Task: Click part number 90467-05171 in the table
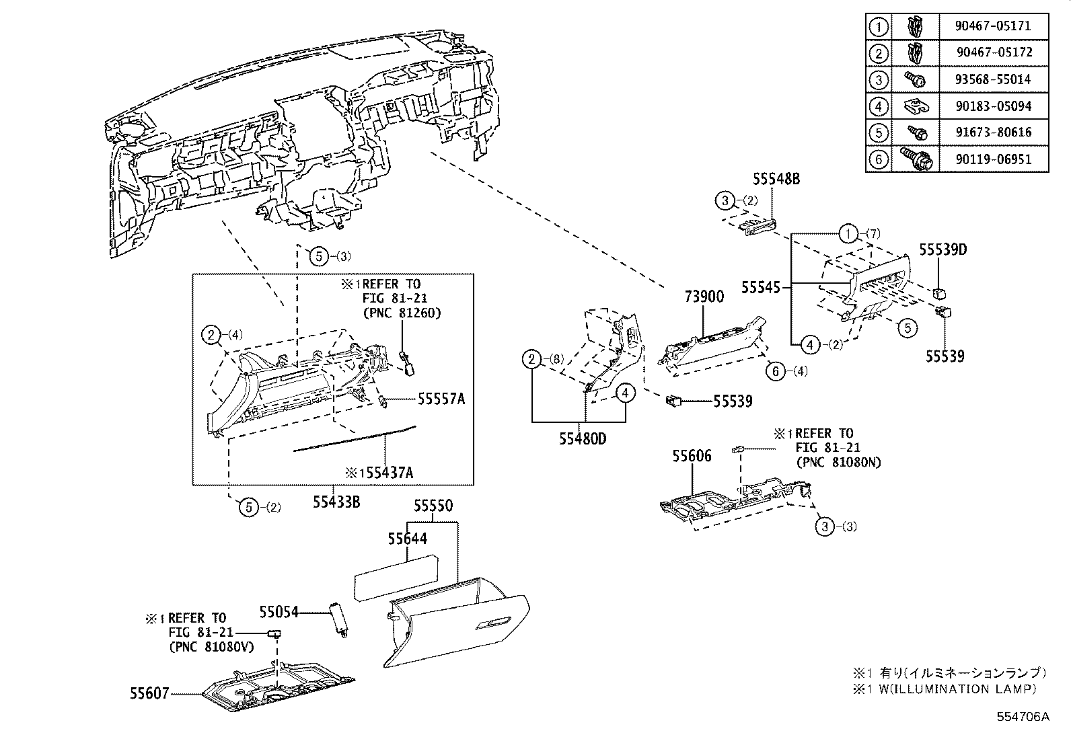992,26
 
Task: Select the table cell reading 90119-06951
992,159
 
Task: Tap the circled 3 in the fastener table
879,80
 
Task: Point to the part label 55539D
943,250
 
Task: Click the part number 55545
761,288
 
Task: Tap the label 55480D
582,438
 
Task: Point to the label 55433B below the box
336,501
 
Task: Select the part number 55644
407,539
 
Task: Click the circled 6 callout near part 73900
776,371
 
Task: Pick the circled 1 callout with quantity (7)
849,234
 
